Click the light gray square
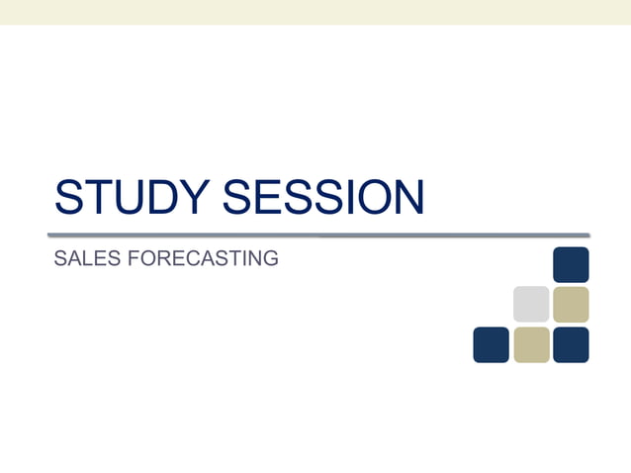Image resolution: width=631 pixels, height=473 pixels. [531, 305]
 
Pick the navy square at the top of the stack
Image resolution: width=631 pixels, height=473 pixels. [571, 265]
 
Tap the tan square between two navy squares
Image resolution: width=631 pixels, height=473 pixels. [531, 344]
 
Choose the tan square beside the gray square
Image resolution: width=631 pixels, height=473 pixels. [571, 305]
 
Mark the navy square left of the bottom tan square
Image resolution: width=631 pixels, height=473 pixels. [492, 344]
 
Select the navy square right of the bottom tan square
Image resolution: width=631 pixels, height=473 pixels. [571, 344]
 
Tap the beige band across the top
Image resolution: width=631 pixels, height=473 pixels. [315, 12]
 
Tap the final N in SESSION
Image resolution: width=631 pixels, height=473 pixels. [407, 197]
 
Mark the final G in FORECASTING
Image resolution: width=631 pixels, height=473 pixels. [270, 259]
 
